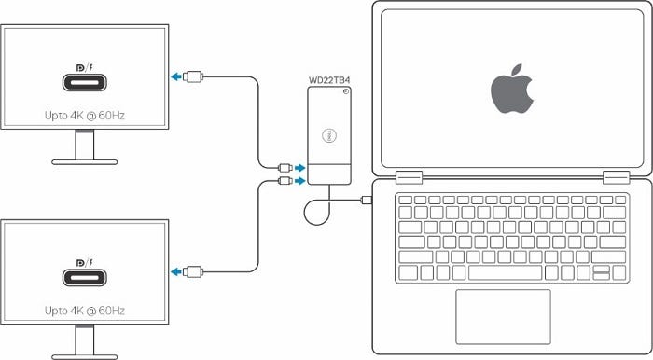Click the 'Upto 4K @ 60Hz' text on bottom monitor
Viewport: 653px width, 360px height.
pyautogui.click(x=85, y=309)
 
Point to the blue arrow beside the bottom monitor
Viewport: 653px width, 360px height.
pyautogui.click(x=175, y=271)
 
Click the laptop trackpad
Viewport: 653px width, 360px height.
pyautogui.click(x=503, y=316)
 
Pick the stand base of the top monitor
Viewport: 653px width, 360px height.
pyautogui.click(x=85, y=161)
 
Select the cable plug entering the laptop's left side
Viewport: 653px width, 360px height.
pyautogui.click(x=367, y=201)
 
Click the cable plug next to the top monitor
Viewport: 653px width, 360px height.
pyautogui.click(x=195, y=76)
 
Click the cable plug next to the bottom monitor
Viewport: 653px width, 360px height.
pyautogui.click(x=195, y=271)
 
